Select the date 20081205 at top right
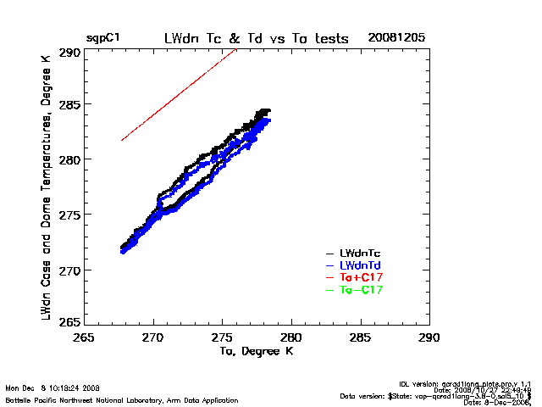pos(396,38)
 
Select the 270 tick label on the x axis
pos(152,337)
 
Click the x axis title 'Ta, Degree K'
pos(256,350)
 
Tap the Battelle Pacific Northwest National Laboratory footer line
pos(121,399)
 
